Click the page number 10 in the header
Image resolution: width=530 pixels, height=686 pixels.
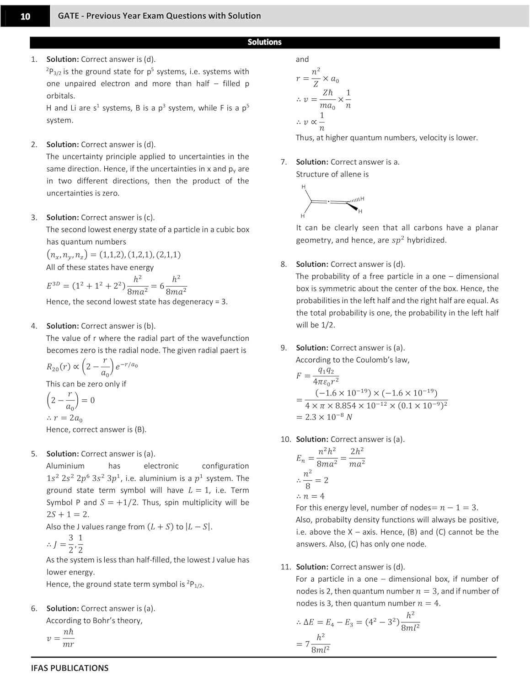click(25, 16)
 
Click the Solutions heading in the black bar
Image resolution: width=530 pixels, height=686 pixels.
click(264, 42)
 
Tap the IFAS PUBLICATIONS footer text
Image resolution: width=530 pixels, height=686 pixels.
click(70, 668)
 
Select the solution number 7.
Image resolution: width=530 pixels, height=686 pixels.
click(284, 162)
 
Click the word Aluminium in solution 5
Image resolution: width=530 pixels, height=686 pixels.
click(65, 466)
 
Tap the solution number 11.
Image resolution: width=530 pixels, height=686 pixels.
click(285, 567)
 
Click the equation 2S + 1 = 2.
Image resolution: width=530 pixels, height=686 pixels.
click(68, 514)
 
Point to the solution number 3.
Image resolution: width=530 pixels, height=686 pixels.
click(34, 217)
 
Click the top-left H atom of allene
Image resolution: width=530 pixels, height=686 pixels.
click(303, 187)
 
